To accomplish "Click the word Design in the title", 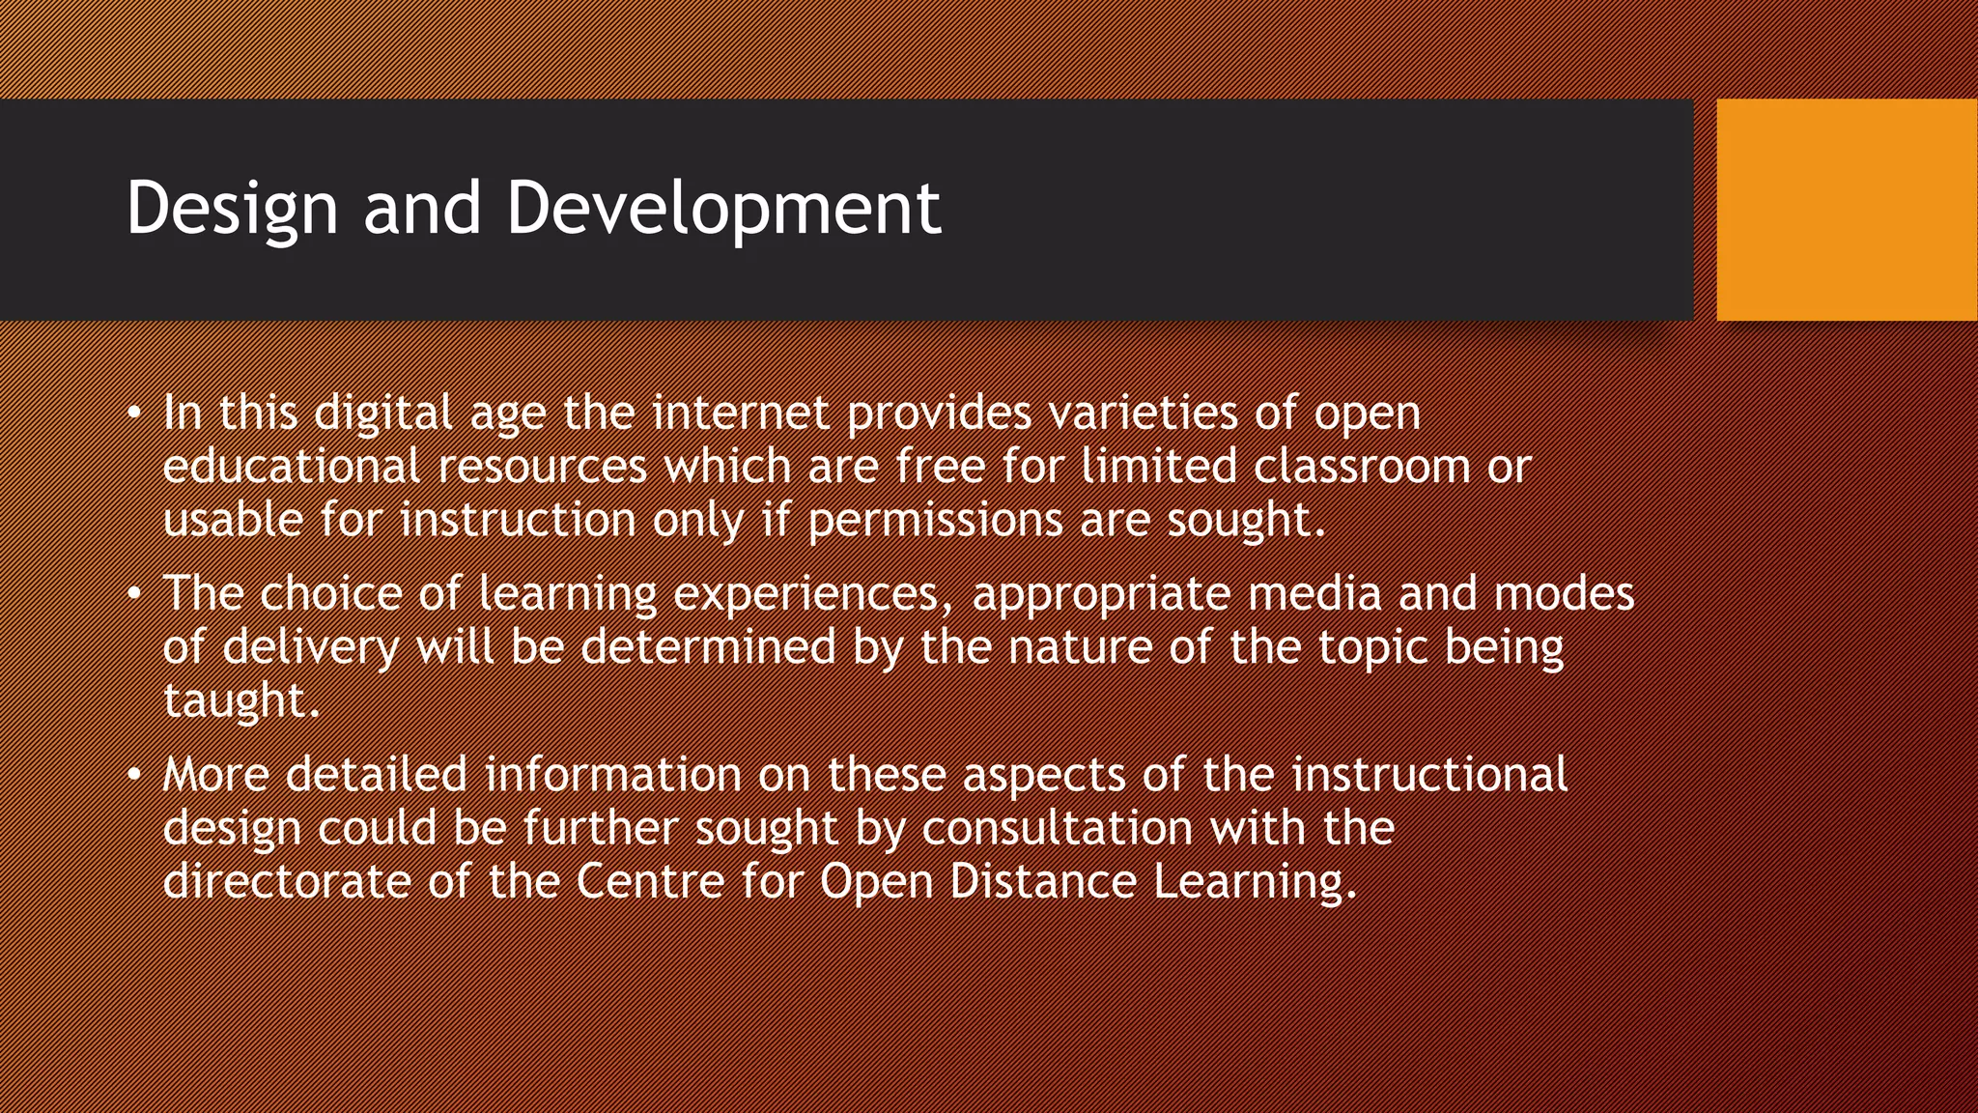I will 232,209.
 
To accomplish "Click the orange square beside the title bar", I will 1847,210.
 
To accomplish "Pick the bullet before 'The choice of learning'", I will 134,594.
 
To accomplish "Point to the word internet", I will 740,414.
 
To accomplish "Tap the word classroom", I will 1362,467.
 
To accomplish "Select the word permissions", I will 935,521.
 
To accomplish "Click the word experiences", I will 805,594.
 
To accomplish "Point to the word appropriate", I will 1101,594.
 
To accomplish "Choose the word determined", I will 708,647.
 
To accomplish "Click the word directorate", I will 287,882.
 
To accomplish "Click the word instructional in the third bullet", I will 1429,776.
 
